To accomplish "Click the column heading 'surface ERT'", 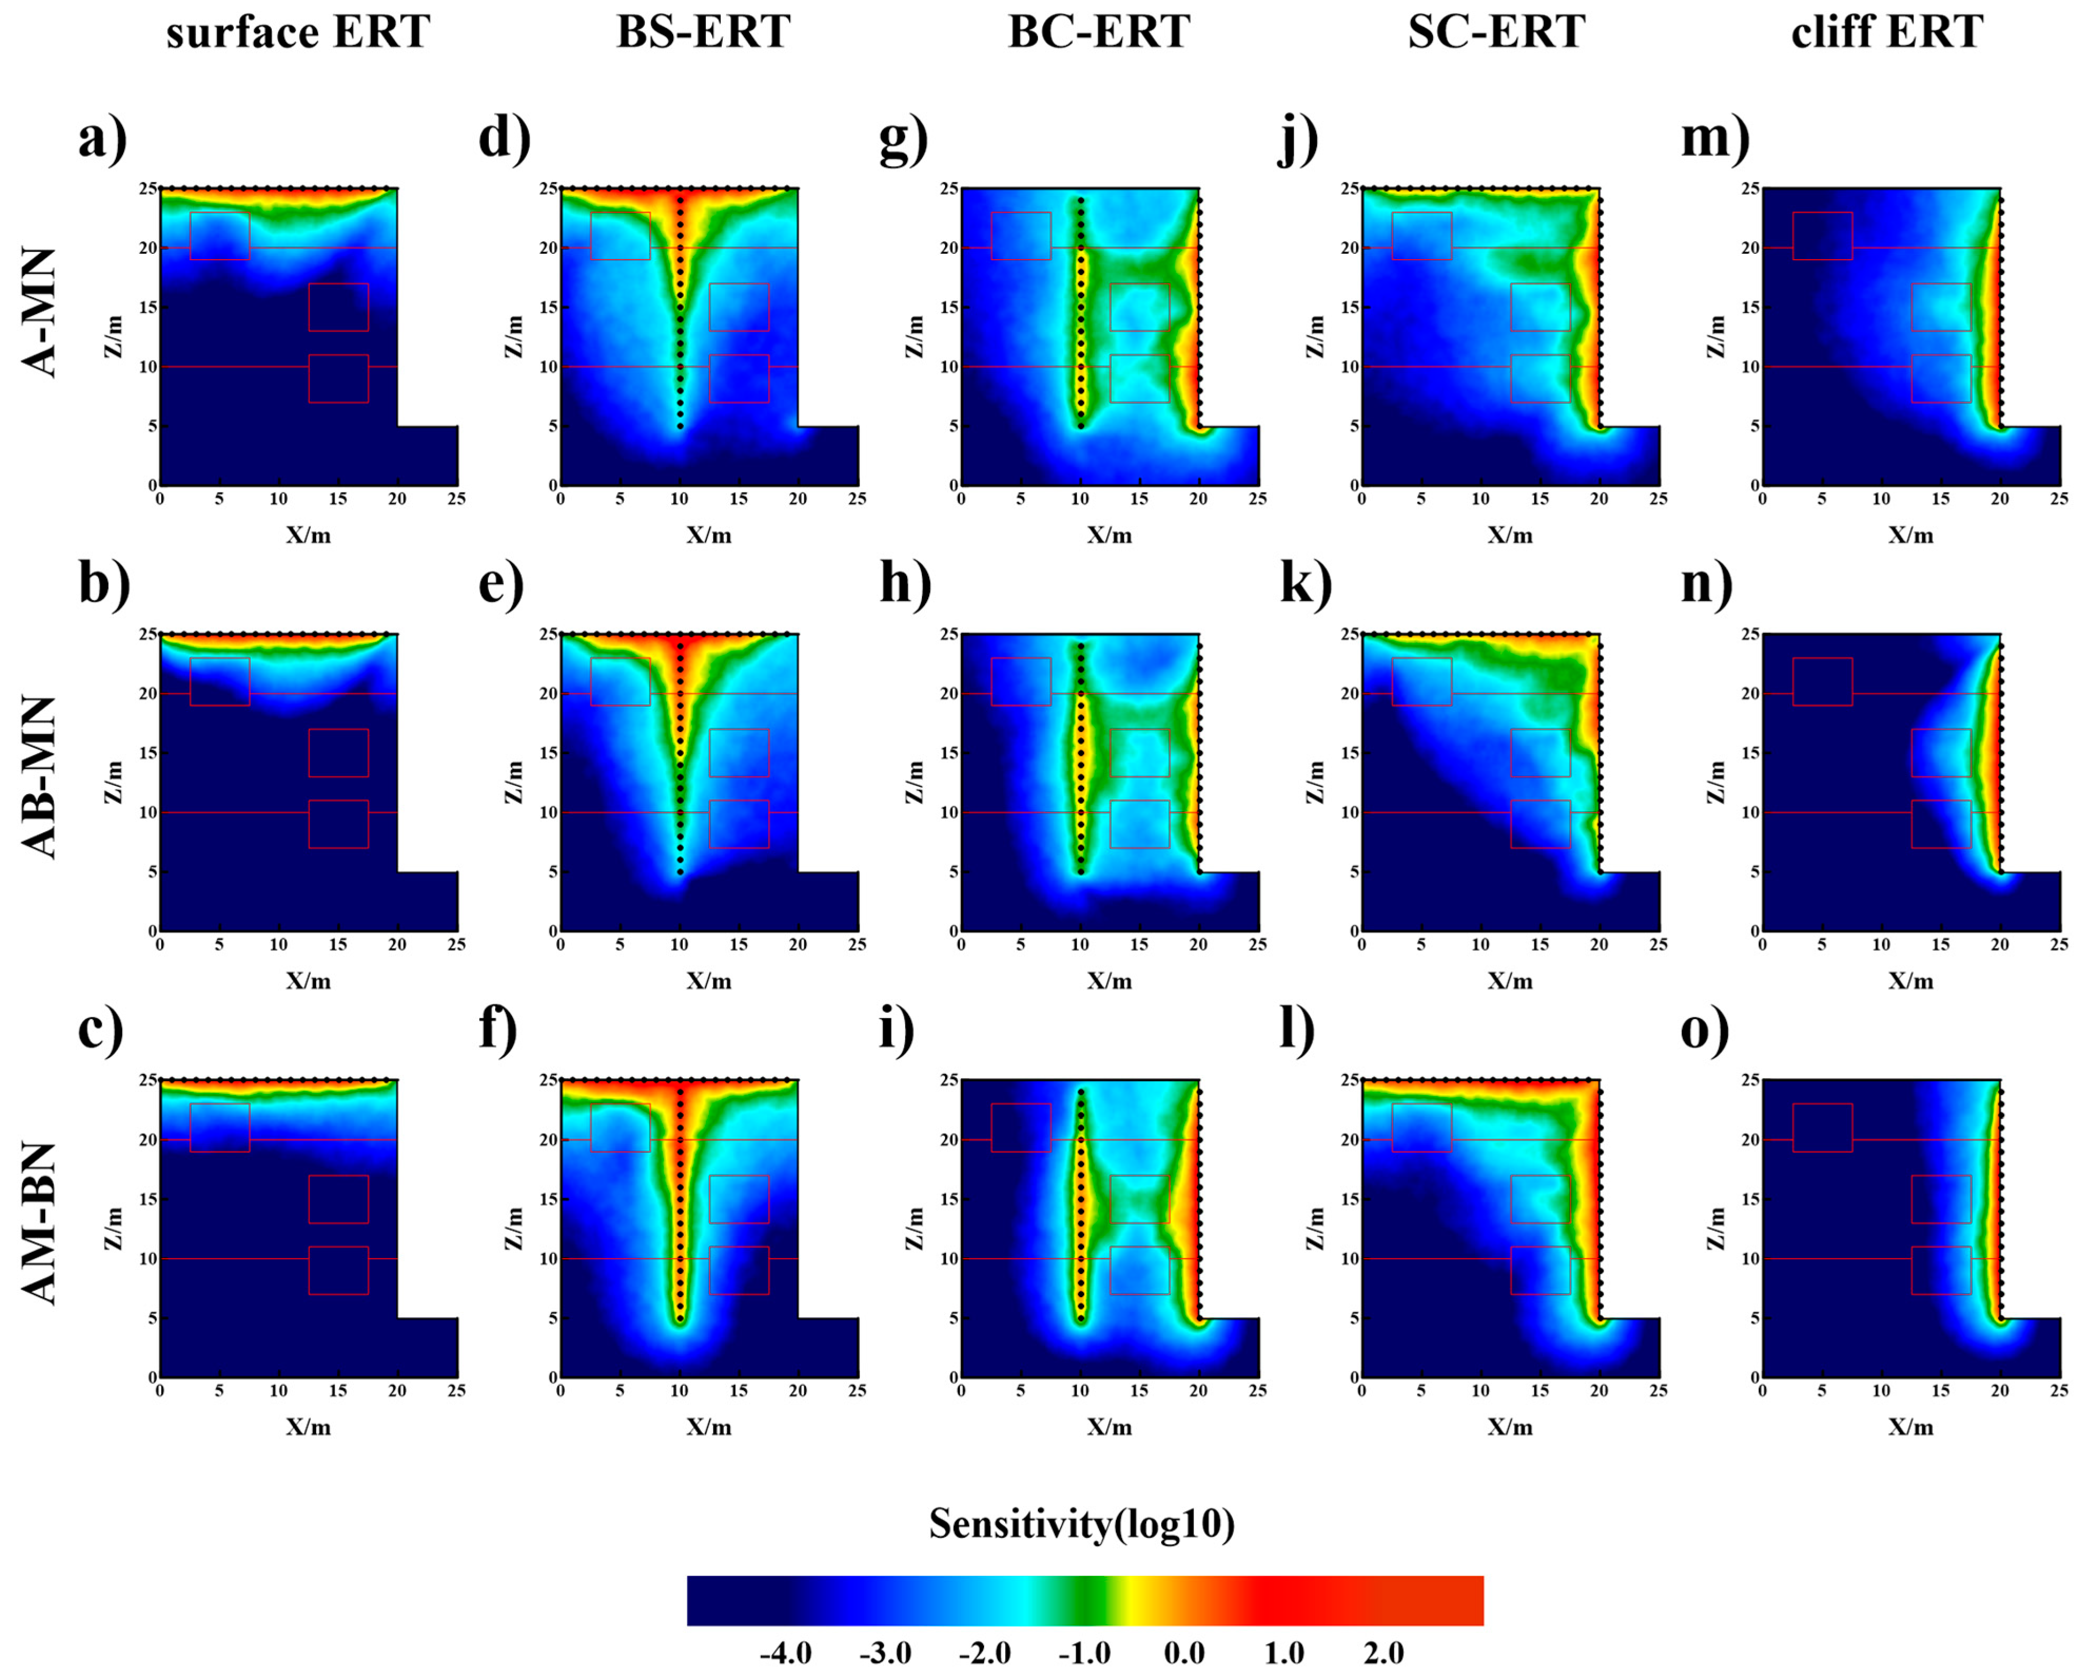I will (x=298, y=32).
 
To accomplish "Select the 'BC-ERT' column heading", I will (x=1099, y=32).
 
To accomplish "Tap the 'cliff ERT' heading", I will (x=1887, y=32).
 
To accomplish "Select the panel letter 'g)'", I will (x=903, y=138).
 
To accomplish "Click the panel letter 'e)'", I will (x=500, y=584).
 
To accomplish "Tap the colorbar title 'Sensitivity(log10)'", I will (x=1082, y=1524).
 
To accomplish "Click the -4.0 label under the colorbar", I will (x=785, y=1653).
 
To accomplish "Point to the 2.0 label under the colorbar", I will (x=1383, y=1653).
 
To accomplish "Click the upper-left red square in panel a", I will (x=220, y=236).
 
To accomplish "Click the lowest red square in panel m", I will (x=1941, y=378).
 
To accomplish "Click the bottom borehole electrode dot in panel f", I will (x=680, y=1318).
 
